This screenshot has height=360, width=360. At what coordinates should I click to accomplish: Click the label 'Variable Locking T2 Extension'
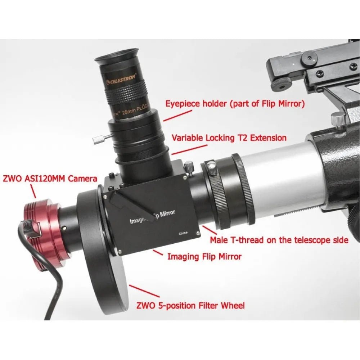(229, 138)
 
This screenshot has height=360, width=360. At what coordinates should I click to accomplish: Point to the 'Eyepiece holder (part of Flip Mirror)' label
(235, 104)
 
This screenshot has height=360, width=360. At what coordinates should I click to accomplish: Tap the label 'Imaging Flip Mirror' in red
(204, 257)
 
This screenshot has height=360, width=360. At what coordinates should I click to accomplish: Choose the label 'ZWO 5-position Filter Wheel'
(190, 306)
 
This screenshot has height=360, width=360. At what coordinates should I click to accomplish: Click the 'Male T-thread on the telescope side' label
(279, 240)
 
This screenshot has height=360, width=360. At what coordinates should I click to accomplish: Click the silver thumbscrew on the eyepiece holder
(98, 139)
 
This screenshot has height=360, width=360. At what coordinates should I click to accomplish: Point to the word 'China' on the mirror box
(183, 233)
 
